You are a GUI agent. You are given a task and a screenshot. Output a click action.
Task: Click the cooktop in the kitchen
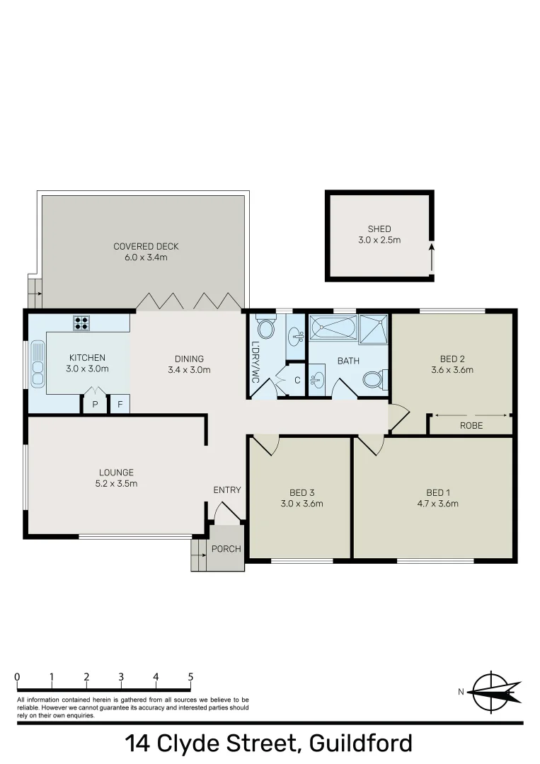click(82, 323)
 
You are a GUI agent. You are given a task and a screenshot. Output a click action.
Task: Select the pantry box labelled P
click(94, 405)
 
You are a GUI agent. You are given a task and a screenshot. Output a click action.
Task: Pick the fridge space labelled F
click(120, 405)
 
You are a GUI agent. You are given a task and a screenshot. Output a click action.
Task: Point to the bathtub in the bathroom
click(333, 328)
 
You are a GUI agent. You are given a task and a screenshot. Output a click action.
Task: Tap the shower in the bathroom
click(373, 328)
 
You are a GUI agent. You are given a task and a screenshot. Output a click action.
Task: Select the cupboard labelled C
click(297, 381)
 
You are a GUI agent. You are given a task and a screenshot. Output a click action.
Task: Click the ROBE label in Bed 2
click(471, 426)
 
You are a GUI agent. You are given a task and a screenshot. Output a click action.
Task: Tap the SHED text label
click(379, 229)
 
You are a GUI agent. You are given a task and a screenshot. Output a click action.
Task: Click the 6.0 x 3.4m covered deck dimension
click(146, 257)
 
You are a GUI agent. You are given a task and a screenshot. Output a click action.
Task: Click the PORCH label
click(226, 549)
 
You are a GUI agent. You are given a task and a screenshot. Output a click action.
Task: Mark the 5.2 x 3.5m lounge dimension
click(117, 484)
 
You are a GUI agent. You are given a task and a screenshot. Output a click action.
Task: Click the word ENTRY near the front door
click(227, 490)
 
